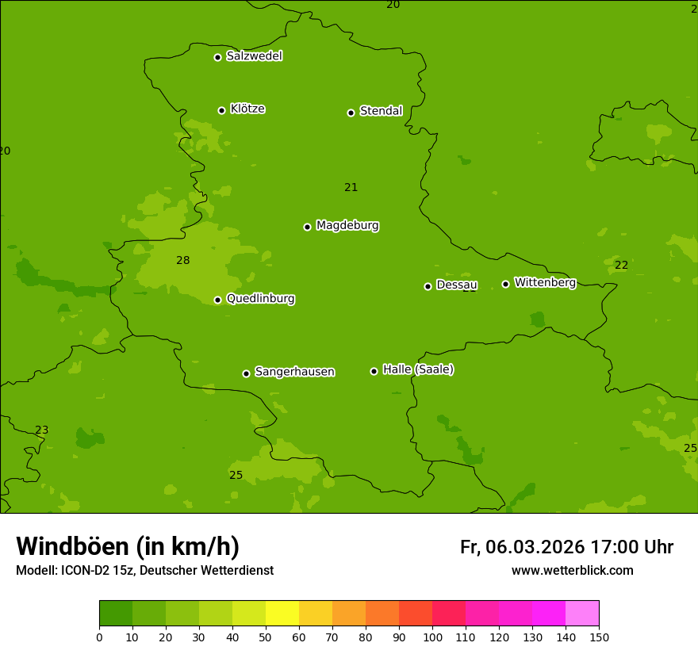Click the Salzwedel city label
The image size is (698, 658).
tap(254, 56)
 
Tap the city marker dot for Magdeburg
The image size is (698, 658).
tap(307, 227)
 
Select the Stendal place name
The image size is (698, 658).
tap(381, 111)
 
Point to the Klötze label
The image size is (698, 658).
tap(247, 109)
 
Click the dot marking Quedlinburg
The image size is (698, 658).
tap(217, 300)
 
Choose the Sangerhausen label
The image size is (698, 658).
tap(294, 372)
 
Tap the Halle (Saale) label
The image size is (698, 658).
tap(418, 369)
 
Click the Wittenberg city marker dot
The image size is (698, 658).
tap(505, 284)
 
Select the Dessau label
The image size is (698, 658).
tap(457, 285)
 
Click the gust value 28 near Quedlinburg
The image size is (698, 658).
tap(183, 260)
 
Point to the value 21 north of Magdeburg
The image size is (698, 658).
tap(351, 188)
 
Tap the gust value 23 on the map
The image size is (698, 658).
tap(41, 430)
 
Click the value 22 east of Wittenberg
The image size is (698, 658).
tap(621, 265)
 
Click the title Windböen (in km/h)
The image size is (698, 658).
tap(128, 546)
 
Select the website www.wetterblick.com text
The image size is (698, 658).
tap(572, 570)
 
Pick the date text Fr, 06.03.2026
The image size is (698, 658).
tap(522, 547)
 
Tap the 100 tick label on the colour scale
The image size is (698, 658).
tap(432, 637)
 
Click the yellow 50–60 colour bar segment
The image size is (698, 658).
tap(282, 614)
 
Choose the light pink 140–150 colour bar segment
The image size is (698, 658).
tap(582, 614)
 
